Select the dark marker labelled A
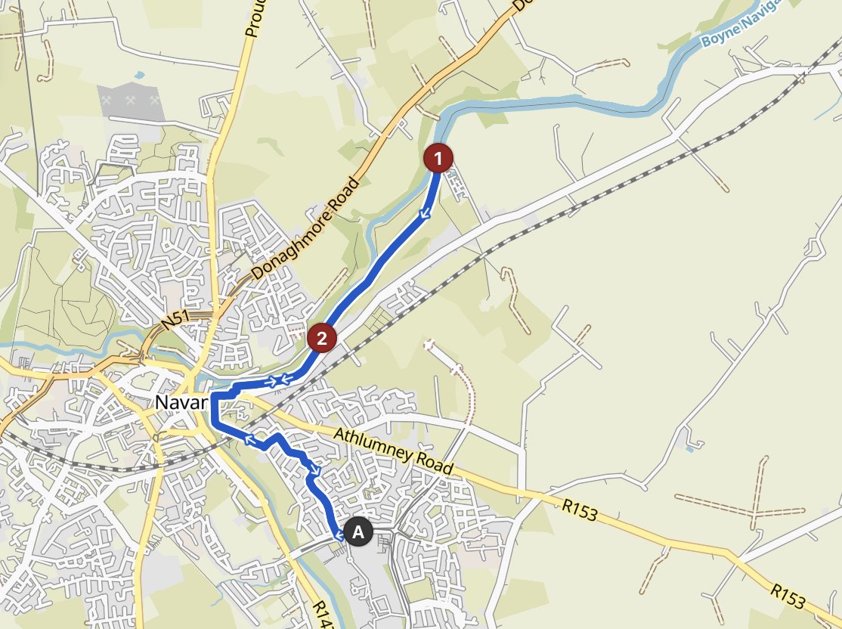358,531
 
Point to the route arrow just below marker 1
425,215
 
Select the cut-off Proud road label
252,18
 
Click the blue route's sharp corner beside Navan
213,395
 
